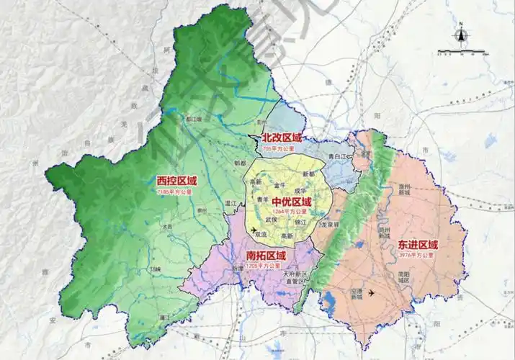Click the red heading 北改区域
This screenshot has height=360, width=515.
(x=282, y=138)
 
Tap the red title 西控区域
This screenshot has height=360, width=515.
(x=176, y=181)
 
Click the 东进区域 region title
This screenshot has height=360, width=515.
(x=418, y=245)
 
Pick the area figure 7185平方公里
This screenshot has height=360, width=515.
(x=175, y=193)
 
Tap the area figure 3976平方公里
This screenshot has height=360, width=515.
(x=417, y=256)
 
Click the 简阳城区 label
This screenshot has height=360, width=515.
(x=408, y=277)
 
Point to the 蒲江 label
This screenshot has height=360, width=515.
(x=164, y=317)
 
